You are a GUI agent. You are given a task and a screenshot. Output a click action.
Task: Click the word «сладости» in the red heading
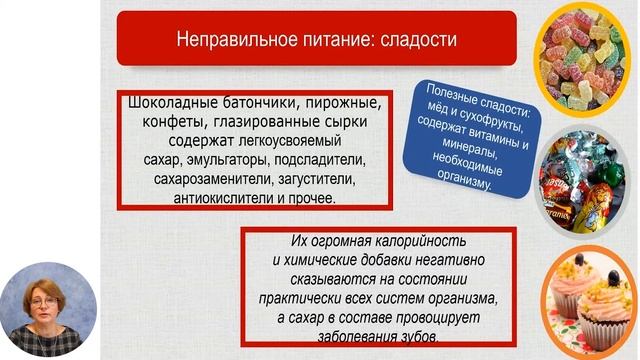(x=417, y=41)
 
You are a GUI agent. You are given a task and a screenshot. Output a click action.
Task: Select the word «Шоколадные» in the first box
(x=172, y=102)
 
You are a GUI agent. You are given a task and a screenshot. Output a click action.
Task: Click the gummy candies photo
(x=589, y=61)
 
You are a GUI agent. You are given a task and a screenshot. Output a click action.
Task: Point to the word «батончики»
(x=257, y=102)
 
